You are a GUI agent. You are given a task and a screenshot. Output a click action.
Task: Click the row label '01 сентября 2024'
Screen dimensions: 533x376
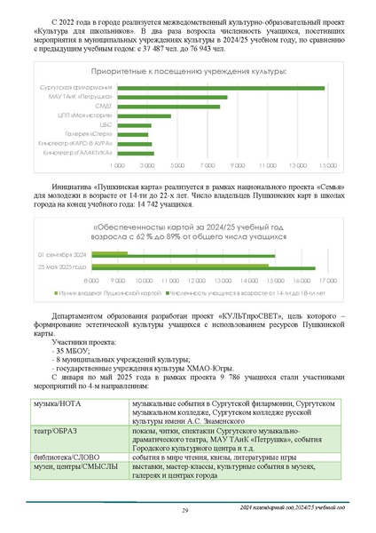point(86,255)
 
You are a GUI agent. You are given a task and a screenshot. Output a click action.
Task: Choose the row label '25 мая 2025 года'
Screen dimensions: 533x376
point(86,266)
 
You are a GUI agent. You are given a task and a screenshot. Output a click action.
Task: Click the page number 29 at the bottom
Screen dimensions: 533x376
point(185,510)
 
